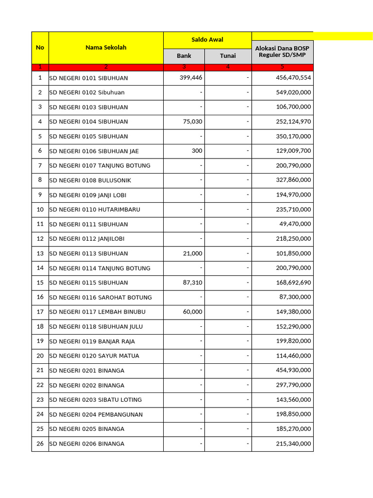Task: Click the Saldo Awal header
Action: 207,40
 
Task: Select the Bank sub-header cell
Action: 184,56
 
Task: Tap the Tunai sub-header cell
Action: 228,56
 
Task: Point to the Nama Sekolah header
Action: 106,48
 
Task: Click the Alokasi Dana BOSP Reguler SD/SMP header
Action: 282,52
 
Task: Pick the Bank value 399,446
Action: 191,78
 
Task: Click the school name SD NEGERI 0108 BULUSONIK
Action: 90,180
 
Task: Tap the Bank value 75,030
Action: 192,122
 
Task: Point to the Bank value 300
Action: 197,151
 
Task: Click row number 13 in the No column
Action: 40,253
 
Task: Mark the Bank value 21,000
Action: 192,253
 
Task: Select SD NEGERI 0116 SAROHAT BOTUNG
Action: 101,297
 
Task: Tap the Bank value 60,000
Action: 192,312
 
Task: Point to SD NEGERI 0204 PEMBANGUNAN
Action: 96,414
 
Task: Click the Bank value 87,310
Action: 192,283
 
